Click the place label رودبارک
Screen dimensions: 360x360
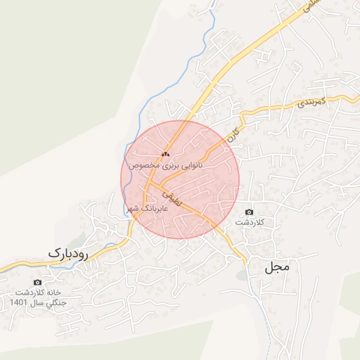pos(68,252)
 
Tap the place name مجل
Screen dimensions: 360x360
pos(278,268)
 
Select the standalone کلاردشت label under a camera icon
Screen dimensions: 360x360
pos(248,222)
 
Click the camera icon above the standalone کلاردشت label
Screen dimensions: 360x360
pos(249,212)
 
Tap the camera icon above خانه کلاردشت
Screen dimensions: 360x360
pos(37,283)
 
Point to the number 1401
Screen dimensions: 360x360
pos(18,302)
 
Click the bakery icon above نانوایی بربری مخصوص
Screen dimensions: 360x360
pos(166,154)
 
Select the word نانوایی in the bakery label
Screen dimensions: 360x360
pos(191,165)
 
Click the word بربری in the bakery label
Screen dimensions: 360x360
pos(167,165)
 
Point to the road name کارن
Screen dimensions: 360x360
pos(233,131)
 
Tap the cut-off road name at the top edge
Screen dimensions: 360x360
pos(309,8)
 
